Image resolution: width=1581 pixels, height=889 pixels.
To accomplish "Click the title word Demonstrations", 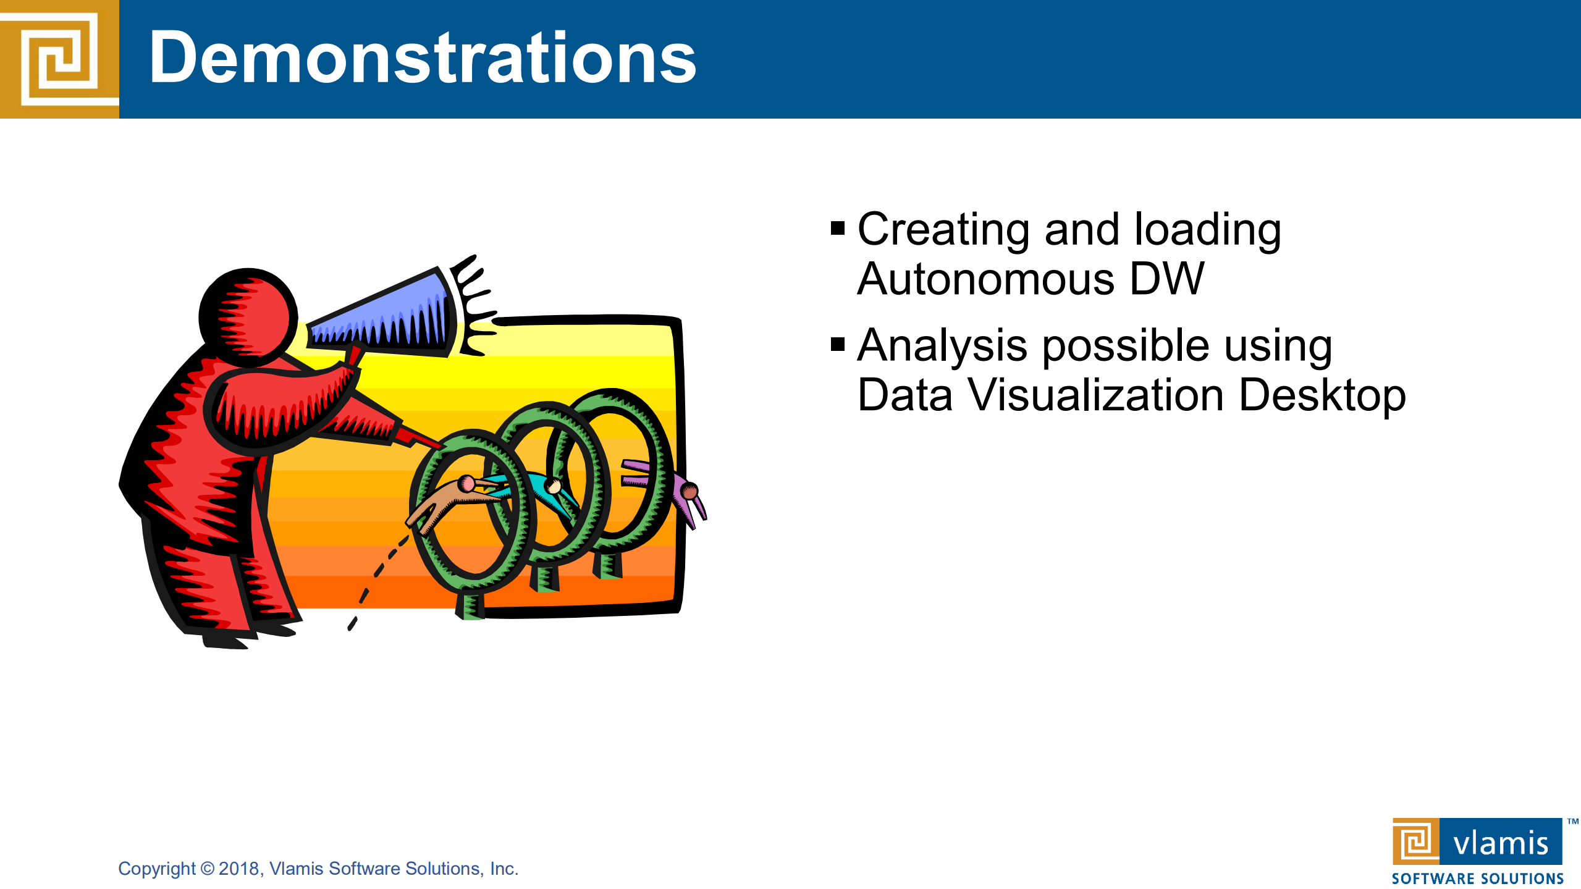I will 423,59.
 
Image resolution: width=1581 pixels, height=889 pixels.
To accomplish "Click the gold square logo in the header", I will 59,59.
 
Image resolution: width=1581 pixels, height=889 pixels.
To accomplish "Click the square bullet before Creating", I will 838,229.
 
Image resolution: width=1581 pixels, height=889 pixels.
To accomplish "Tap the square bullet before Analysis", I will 838,344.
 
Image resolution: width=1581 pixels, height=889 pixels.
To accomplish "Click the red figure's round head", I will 248,318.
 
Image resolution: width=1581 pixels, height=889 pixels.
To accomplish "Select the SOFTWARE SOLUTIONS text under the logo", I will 1477,878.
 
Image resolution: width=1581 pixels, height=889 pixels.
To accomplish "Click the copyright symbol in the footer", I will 207,869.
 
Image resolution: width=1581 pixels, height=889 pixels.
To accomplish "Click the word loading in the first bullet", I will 1208,230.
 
